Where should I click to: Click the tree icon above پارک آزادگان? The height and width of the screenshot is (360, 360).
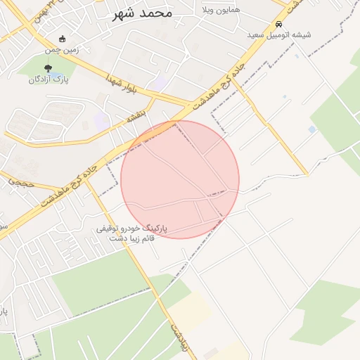(x=48, y=68)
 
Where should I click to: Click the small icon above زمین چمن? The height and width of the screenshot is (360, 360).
(x=63, y=39)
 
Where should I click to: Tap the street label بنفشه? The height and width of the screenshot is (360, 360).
(x=135, y=116)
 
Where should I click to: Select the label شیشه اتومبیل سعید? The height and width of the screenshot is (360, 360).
(x=279, y=34)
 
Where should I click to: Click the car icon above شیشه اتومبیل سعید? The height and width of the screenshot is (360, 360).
(x=279, y=23)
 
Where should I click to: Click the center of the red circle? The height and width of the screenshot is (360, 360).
(x=180, y=179)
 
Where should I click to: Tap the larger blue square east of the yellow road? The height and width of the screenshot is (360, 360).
(x=312, y=129)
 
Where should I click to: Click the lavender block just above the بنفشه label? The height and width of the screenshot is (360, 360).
(x=103, y=120)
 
